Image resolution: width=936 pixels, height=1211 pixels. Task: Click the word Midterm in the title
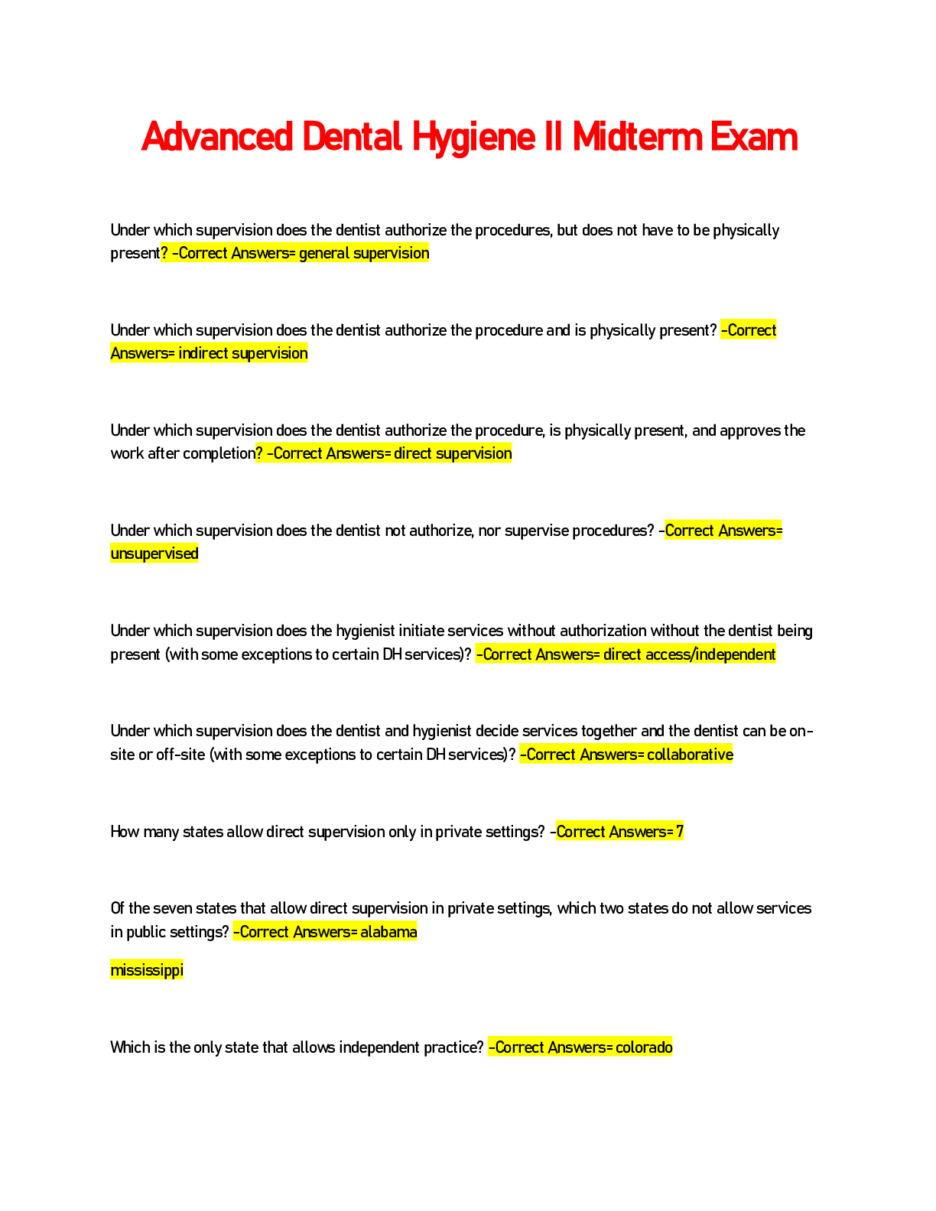[637, 138]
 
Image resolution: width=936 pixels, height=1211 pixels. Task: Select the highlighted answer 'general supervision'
[364, 253]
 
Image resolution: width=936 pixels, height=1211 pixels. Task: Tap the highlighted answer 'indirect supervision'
[243, 353]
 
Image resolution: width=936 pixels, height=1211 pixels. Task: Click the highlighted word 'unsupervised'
[154, 554]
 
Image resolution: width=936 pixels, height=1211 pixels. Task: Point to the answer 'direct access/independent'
[689, 654]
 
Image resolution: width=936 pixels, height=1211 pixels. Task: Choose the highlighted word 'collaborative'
[690, 755]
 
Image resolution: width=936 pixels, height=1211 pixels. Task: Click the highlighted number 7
[680, 832]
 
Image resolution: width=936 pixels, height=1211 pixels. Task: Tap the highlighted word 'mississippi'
[147, 970]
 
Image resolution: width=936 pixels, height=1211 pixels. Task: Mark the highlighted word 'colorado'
[644, 1047]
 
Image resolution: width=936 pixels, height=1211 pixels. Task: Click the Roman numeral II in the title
[553, 138]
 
